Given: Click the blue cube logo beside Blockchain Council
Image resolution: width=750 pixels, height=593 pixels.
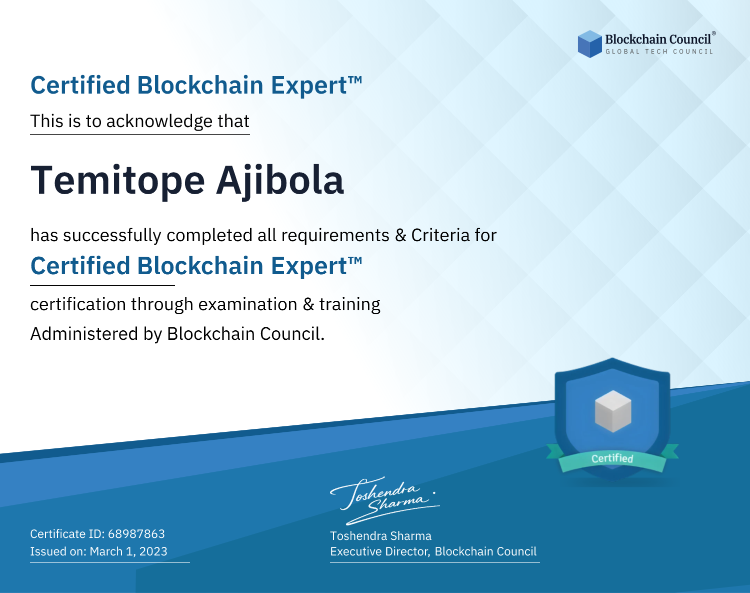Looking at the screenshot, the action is tap(589, 44).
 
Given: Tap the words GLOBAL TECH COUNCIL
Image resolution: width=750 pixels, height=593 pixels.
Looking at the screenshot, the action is tap(659, 52).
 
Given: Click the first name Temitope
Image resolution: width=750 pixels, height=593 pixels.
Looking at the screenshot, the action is tap(117, 180).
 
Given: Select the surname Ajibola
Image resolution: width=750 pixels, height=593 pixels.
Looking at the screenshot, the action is tap(280, 180).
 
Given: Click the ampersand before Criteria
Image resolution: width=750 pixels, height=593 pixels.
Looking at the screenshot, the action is tap(400, 235).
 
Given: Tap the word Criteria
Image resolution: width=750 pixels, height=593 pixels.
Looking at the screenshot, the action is tap(440, 235).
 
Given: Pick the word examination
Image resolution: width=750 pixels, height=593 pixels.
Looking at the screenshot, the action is tap(248, 304).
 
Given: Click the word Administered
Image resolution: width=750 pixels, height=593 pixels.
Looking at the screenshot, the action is tap(84, 333).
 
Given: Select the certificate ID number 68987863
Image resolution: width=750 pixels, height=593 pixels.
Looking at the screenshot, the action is tap(136, 533).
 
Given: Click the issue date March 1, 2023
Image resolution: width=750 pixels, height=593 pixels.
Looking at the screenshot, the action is tap(128, 551).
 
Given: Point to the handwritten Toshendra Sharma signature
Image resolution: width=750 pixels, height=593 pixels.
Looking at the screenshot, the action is tap(385, 500).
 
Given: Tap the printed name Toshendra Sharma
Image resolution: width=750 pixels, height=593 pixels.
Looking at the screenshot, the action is tap(380, 536).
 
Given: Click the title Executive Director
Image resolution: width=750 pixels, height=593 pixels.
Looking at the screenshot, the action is tap(379, 551).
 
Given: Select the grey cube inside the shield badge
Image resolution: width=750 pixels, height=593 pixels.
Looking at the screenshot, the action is tap(612, 411).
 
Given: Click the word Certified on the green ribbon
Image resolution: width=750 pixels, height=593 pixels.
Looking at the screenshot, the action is tap(612, 458).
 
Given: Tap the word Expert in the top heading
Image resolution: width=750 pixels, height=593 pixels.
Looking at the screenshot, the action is tap(309, 86).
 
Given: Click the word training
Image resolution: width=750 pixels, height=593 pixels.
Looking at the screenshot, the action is tap(350, 305).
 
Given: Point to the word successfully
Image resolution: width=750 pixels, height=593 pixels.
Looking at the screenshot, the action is tap(112, 236).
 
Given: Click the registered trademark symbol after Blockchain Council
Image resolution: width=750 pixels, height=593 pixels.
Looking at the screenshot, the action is tap(713, 34).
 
